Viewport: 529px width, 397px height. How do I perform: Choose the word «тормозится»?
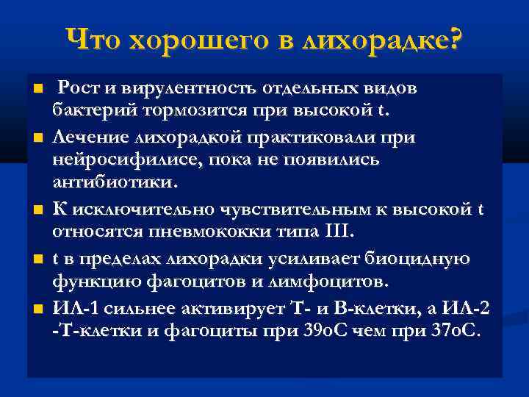[x=174, y=112]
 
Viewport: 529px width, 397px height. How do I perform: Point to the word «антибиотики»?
[x=112, y=185]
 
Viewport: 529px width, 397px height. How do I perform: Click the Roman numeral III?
[x=338, y=233]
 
